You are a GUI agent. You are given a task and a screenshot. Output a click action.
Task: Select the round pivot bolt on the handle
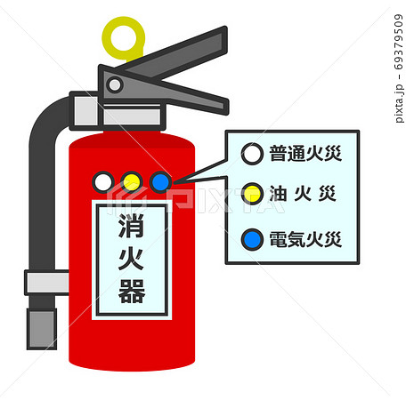click(115, 84)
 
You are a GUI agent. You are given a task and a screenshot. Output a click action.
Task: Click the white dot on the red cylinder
click(103, 182)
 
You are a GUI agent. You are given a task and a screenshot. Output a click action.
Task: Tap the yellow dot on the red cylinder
click(132, 182)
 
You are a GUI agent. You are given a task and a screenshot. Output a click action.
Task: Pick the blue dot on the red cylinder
click(160, 182)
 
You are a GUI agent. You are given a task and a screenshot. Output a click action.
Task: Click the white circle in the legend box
click(252, 154)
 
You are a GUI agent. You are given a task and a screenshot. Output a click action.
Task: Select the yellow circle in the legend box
click(252, 194)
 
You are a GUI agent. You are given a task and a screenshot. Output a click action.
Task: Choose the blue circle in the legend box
click(252, 239)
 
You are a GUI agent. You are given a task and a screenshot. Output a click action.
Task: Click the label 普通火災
click(305, 154)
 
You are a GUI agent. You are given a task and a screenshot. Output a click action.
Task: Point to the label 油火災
click(303, 194)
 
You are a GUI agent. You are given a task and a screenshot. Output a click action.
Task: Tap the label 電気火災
click(305, 239)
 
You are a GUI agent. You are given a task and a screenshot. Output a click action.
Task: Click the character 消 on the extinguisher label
click(132, 225)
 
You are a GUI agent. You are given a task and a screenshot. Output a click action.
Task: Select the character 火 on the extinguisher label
click(132, 259)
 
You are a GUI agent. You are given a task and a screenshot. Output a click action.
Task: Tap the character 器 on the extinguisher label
click(132, 292)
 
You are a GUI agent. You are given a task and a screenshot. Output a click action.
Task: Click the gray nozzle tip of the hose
click(42, 329)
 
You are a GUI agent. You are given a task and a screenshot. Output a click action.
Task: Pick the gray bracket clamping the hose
click(47, 283)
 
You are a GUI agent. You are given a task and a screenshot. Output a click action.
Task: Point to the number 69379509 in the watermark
click(399, 42)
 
